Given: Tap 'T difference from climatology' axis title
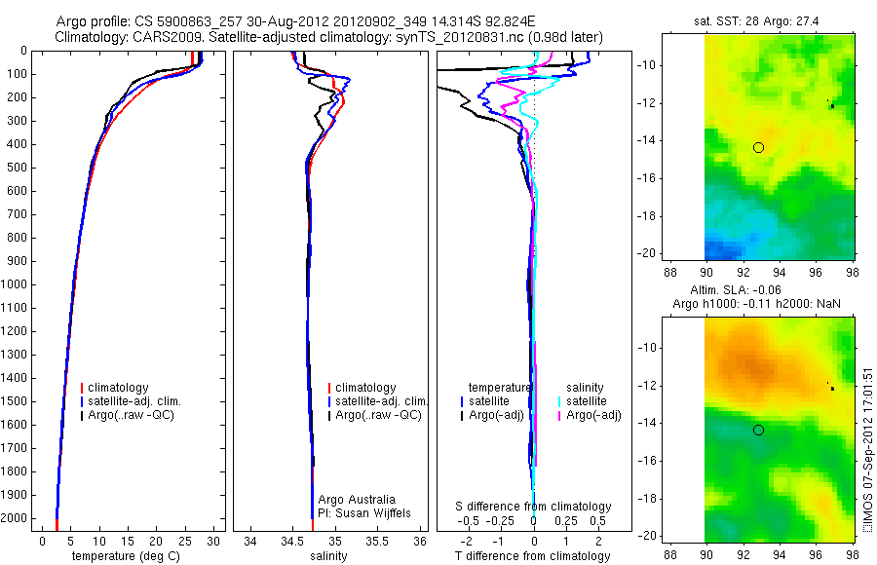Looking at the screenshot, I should [532, 556].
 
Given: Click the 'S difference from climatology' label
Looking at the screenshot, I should [534, 507].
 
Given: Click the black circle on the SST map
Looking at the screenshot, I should [758, 147].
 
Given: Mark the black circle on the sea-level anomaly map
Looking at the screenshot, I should [758, 430].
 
